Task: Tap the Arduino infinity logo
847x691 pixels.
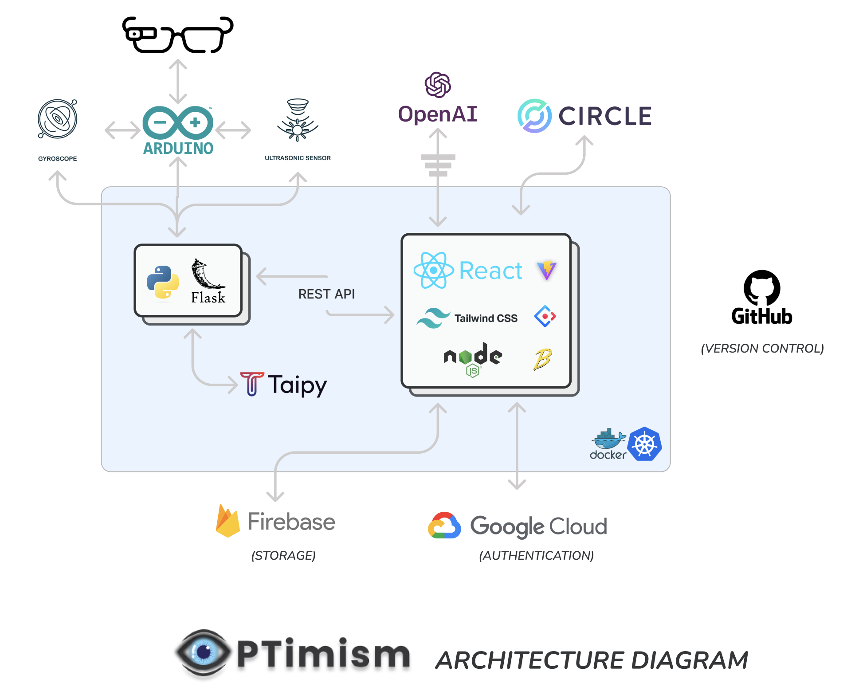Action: tap(178, 122)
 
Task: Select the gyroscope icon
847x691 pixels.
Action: tap(57, 119)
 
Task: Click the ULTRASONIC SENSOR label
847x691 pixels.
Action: tap(298, 158)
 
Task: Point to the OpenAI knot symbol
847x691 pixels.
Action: tap(438, 85)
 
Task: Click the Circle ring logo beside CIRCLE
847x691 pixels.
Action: tap(534, 116)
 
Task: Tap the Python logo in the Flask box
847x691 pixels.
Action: tap(163, 282)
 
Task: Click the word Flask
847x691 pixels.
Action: tap(208, 297)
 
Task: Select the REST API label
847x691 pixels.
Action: tap(326, 294)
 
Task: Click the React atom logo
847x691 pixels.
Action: tap(433, 270)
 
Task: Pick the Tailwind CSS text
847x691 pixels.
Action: tap(486, 318)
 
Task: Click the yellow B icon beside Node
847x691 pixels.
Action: tap(542, 359)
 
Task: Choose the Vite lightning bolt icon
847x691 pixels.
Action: tap(547, 270)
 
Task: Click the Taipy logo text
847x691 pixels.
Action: tap(297, 385)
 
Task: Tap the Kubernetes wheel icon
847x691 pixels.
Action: tap(645, 444)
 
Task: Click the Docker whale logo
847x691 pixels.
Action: tap(608, 440)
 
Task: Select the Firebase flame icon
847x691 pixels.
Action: tap(227, 521)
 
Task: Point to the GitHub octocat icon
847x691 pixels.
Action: tap(761, 287)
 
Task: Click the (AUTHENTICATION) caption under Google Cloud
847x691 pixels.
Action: tap(536, 555)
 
